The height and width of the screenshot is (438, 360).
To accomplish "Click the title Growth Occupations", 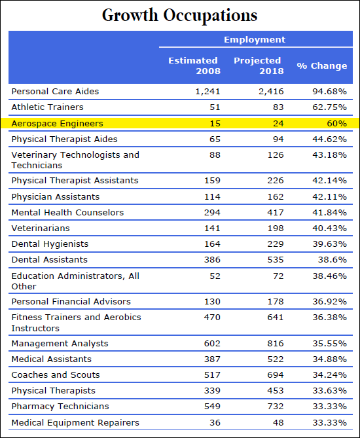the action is click(179, 15).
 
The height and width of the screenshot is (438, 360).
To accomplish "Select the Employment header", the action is click(255, 39).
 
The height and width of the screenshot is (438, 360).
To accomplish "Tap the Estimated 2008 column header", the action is click(194, 65).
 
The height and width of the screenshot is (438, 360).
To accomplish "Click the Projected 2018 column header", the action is click(259, 65).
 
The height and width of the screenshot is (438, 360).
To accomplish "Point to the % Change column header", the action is click(322, 65).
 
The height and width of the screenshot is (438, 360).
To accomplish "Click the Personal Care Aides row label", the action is click(55, 92).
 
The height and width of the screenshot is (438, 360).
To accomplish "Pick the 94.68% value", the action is click(329, 92).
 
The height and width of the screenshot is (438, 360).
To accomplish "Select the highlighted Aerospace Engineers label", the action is click(57, 124).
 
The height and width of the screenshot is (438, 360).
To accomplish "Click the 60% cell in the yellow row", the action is click(337, 124).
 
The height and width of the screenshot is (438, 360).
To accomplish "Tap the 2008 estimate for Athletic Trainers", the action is click(215, 107).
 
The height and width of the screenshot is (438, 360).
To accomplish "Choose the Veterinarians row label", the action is click(41, 228).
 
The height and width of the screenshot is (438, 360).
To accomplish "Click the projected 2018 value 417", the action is click(276, 213).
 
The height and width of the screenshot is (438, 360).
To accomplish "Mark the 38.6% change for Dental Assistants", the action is click(333, 260).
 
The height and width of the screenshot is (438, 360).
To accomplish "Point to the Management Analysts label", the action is click(60, 344).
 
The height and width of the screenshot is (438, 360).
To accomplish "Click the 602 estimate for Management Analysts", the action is click(212, 344).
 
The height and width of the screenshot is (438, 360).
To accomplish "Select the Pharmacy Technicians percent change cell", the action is click(329, 407).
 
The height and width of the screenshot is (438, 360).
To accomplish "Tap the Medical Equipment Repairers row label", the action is click(75, 423).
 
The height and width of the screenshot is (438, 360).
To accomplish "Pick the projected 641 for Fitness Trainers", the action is click(276, 318).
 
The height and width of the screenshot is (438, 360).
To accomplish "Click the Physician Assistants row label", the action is click(55, 196).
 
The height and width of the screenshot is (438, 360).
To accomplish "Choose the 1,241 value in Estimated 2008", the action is click(207, 92).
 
